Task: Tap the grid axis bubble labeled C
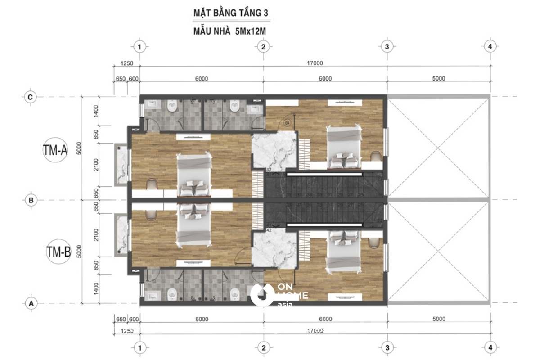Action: point(31,97)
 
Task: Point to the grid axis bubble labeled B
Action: point(31,200)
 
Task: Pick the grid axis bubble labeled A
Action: point(31,303)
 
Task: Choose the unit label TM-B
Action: point(58,252)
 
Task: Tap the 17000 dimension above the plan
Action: point(315,63)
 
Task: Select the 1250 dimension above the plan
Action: point(127,63)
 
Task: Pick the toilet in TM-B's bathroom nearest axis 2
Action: point(234,295)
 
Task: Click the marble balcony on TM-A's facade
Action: point(122,164)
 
